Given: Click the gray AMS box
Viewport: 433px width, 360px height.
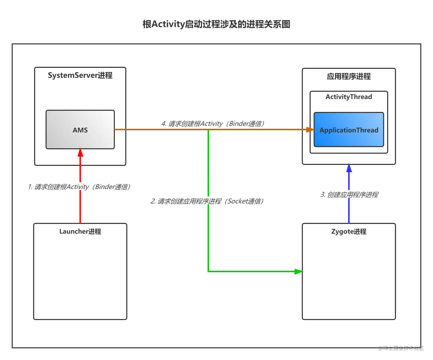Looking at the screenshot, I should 80,130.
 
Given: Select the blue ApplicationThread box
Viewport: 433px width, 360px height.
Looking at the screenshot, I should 349,130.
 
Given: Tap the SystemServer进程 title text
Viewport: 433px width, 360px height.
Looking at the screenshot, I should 80,75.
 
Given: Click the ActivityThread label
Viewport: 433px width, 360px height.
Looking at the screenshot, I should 349,97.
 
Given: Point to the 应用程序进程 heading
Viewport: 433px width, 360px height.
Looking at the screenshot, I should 349,76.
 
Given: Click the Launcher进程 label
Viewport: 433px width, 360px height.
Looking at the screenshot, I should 80,231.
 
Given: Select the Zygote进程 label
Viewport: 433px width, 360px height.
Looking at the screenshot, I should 349,231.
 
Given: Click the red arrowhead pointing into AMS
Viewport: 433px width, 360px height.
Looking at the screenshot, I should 80,152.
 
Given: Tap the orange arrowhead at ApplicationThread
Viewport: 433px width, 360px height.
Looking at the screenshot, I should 310,130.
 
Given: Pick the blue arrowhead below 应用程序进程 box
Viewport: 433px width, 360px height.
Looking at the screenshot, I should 349,168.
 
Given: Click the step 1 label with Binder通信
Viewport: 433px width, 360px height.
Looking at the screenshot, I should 79,187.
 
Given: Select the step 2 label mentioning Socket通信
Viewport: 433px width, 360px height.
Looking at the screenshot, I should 207,201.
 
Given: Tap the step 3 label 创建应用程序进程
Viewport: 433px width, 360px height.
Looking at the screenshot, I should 349,195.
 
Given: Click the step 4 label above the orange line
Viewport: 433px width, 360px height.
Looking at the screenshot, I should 212,124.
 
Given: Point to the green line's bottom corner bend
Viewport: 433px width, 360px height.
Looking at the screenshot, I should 208,271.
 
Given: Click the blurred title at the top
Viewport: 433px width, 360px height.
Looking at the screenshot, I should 216,24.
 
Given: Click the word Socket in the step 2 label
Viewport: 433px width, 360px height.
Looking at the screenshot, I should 238,201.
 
